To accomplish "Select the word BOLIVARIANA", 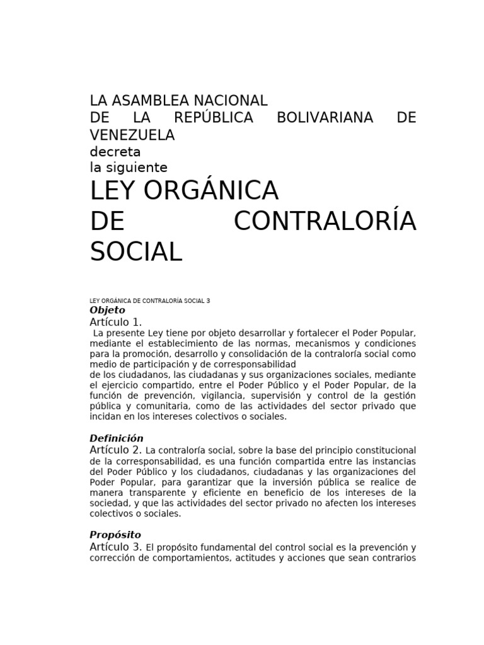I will (325, 118).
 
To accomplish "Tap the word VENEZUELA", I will (132, 135).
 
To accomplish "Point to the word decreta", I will (115, 152).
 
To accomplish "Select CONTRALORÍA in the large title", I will (325, 222).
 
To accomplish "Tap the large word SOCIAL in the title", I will (136, 252).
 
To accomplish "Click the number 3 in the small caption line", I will (208, 301).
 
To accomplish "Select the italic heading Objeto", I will (108, 310).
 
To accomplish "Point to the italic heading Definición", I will (117, 438).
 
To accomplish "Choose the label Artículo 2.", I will (116, 450).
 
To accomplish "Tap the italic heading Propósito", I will (115, 535).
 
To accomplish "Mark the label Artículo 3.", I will (116, 547).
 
